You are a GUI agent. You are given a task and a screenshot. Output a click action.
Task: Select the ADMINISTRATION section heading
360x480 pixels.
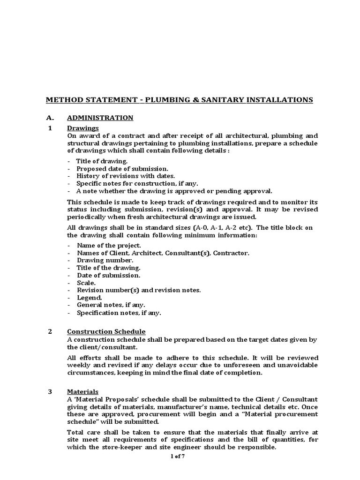100,118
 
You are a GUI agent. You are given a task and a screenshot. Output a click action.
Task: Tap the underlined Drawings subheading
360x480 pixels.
82,127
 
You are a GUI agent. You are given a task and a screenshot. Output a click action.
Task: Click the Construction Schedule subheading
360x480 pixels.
106,332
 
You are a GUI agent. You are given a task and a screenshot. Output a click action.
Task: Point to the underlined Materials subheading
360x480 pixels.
82,391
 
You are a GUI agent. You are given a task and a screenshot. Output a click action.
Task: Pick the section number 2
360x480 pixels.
51,332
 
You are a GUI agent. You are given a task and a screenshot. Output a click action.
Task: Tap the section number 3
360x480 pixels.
51,391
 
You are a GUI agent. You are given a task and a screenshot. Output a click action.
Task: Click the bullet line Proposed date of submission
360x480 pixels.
122,168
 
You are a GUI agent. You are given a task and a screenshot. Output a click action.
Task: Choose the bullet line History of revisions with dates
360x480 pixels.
126,176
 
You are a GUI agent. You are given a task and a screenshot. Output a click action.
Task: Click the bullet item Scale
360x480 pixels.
86,283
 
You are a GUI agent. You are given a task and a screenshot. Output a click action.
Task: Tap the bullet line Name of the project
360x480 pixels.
109,245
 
